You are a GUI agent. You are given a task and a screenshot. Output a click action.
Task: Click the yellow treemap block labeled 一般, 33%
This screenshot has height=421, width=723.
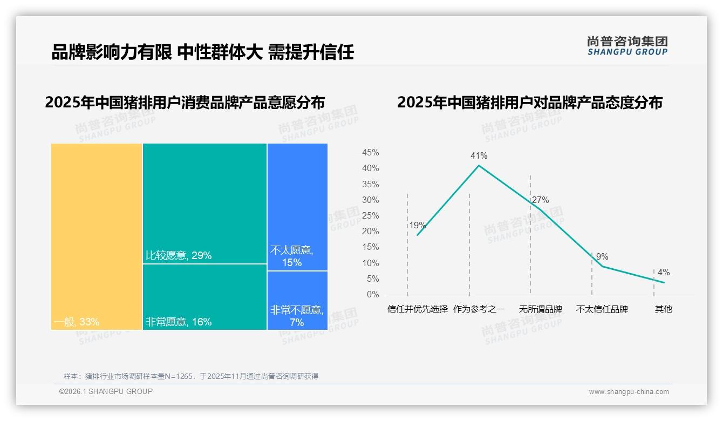pos(97,236)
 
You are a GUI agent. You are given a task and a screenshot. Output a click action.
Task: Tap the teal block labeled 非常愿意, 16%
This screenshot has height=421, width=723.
pos(204,297)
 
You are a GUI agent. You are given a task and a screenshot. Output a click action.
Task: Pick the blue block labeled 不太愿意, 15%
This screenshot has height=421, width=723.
pos(297,207)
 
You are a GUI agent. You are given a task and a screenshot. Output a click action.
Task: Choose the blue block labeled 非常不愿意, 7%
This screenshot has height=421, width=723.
pos(297,300)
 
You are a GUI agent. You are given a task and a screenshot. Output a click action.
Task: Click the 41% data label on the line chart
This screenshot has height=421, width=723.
pos(479,156)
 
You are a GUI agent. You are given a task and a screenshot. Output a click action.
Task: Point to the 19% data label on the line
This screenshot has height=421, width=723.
pos(417,226)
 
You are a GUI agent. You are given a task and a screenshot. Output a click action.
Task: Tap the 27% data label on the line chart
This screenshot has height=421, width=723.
pos(540,200)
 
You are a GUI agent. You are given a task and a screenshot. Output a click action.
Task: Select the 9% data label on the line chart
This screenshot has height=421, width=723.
pos(602,257)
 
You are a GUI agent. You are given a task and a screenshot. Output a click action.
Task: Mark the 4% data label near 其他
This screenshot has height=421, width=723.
pos(664,273)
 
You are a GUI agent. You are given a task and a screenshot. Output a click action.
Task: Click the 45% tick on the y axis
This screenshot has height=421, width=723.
pos(370,153)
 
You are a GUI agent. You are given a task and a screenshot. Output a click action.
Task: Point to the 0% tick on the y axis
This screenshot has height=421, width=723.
pos(373,295)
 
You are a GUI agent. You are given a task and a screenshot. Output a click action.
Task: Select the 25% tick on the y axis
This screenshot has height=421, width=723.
pos(370,216)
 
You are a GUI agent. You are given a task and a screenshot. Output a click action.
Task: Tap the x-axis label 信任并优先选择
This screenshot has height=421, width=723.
pos(418,309)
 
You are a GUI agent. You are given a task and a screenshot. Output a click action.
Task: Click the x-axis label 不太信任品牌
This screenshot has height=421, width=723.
pos(602,309)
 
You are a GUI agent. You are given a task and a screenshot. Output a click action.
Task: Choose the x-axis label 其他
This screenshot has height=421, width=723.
pos(664,309)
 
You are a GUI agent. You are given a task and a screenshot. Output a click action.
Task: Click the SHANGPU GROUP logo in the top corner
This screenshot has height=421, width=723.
pos(627,46)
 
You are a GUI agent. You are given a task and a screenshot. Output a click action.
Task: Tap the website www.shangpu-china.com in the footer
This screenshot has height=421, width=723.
pos(629,392)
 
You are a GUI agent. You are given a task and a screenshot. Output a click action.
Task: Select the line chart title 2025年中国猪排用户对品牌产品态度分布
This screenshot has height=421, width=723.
pos(529,103)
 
